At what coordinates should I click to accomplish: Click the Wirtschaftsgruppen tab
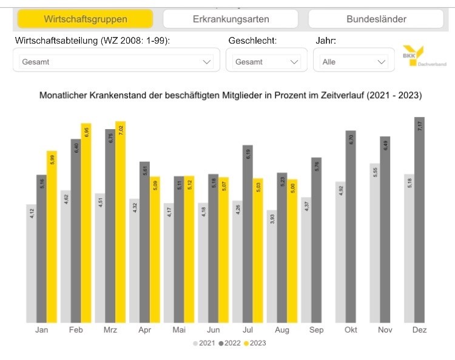[85, 19]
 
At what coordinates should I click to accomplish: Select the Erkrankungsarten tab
[231, 19]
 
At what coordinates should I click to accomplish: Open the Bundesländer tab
[376, 19]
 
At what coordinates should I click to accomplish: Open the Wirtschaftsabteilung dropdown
[113, 61]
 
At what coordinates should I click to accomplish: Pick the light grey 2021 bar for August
[272, 266]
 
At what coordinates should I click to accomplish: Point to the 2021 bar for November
[374, 242]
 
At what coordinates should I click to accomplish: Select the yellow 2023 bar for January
[52, 236]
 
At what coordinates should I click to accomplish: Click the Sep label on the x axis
[315, 330]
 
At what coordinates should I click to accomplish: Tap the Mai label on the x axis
[179, 330]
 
